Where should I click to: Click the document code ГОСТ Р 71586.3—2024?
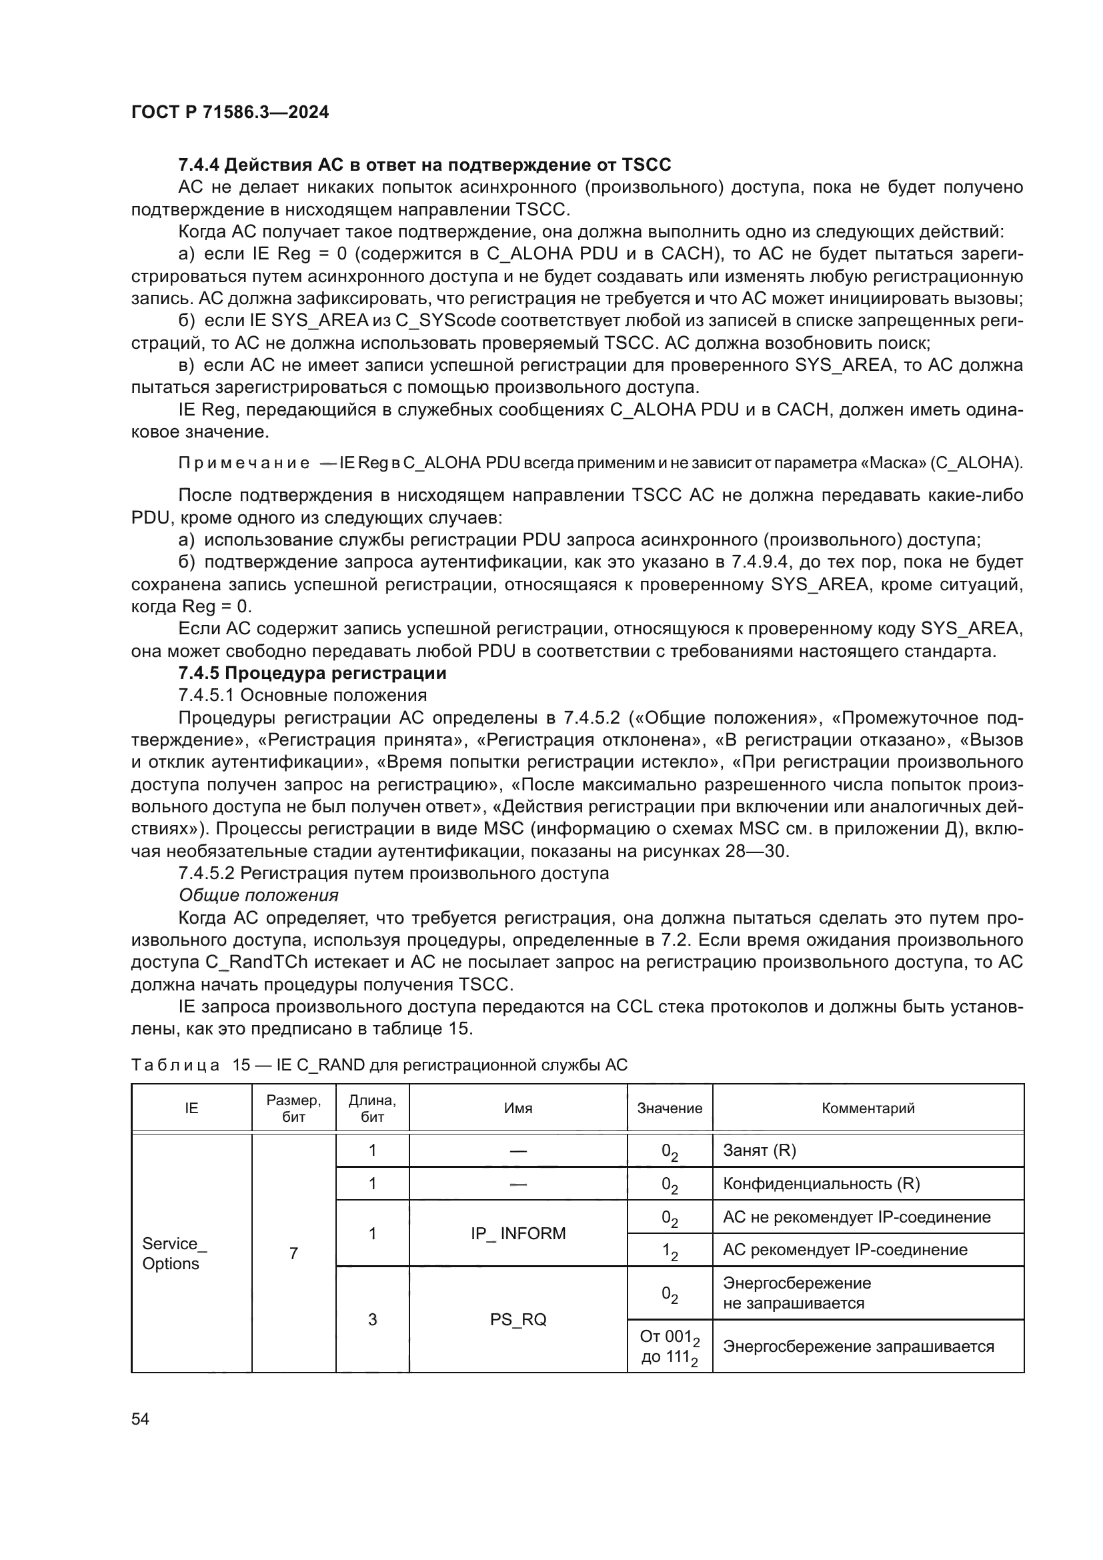[229, 112]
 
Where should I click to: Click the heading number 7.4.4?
[199, 165]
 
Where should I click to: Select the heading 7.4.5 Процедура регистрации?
[312, 673]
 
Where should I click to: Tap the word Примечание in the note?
[244, 464]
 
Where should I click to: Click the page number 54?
[140, 1419]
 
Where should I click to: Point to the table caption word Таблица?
[175, 1064]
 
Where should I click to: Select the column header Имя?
[517, 1108]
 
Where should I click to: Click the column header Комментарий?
[868, 1108]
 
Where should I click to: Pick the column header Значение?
[669, 1108]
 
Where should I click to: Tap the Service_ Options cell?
[174, 1254]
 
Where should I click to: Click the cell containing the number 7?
[293, 1254]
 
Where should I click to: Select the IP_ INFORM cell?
[517, 1233]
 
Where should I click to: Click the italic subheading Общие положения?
[258, 896]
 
